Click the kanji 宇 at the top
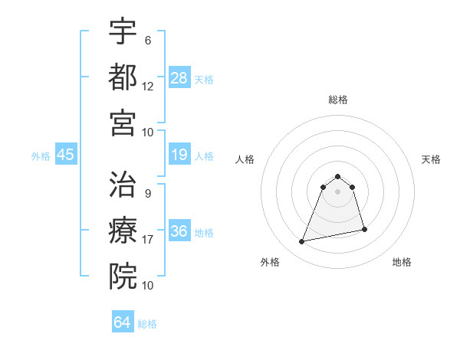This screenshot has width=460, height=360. click(x=123, y=31)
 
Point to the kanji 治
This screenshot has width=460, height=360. click(x=123, y=185)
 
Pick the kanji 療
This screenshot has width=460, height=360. click(x=123, y=230)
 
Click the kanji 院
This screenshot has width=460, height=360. click(x=123, y=275)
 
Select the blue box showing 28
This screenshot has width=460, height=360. click(x=179, y=77)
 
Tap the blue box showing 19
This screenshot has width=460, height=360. click(x=179, y=155)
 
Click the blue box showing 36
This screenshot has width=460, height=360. click(x=179, y=231)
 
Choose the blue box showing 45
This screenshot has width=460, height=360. click(x=66, y=155)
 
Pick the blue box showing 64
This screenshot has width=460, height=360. click(x=123, y=322)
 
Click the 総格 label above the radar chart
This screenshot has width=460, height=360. click(x=338, y=100)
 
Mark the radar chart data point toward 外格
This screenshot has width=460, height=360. click(x=302, y=242)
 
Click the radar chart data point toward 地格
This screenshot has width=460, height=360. click(x=364, y=230)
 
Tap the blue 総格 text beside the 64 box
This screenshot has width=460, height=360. click(x=147, y=324)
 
